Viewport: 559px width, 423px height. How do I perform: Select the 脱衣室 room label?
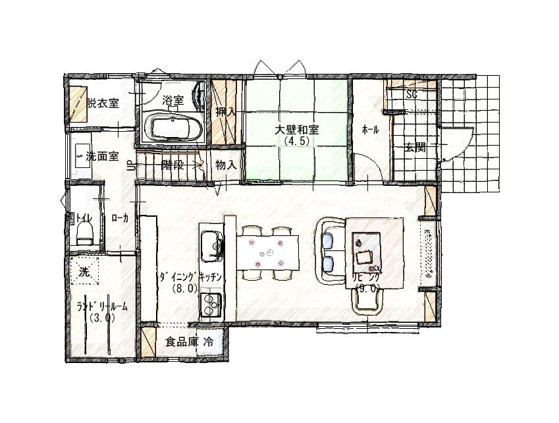tap(103, 103)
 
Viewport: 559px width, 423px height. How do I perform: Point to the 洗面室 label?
tap(103, 156)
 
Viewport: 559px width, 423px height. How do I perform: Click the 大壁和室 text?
tap(296, 129)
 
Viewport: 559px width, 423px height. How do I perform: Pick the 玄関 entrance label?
tap(415, 148)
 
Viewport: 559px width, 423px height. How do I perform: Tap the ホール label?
tap(371, 130)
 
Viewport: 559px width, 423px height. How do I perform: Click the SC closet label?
tap(412, 94)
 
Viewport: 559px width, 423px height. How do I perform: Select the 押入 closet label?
tap(226, 111)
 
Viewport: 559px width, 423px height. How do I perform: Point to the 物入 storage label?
tap(226, 165)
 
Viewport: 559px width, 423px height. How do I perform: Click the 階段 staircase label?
tap(173, 165)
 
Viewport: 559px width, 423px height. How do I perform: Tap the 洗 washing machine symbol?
tap(84, 271)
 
